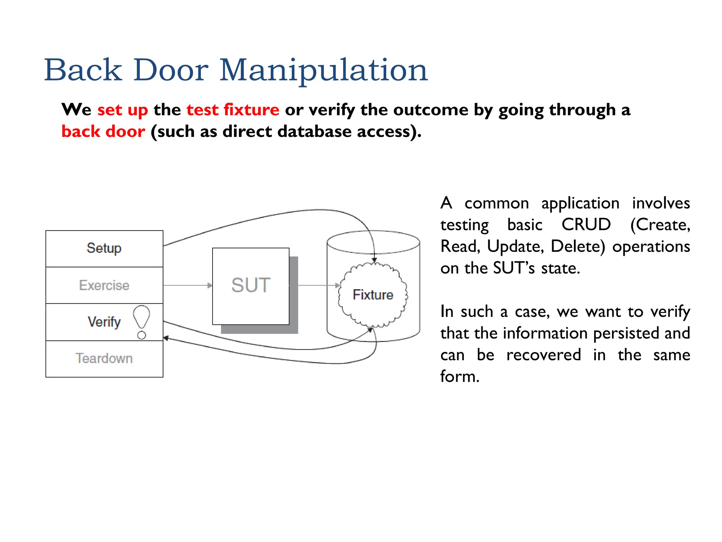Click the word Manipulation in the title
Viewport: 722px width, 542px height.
323,71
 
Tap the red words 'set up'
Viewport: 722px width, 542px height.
122,110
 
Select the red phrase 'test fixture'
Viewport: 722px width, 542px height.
233,110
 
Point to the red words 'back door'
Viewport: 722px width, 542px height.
103,132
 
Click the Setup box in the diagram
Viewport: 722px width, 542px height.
104,248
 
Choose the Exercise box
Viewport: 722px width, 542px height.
104,285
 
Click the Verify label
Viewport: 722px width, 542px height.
104,322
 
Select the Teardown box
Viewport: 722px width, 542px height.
104,359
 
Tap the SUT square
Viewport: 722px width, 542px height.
251,286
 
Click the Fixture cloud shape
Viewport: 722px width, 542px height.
373,295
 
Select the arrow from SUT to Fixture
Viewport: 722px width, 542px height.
317,285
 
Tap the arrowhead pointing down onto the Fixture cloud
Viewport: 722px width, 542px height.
374,260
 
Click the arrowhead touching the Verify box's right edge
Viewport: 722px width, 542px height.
166,338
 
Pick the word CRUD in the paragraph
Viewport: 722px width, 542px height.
586,225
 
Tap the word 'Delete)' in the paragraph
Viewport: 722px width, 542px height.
577,247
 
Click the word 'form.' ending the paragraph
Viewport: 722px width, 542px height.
460,377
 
